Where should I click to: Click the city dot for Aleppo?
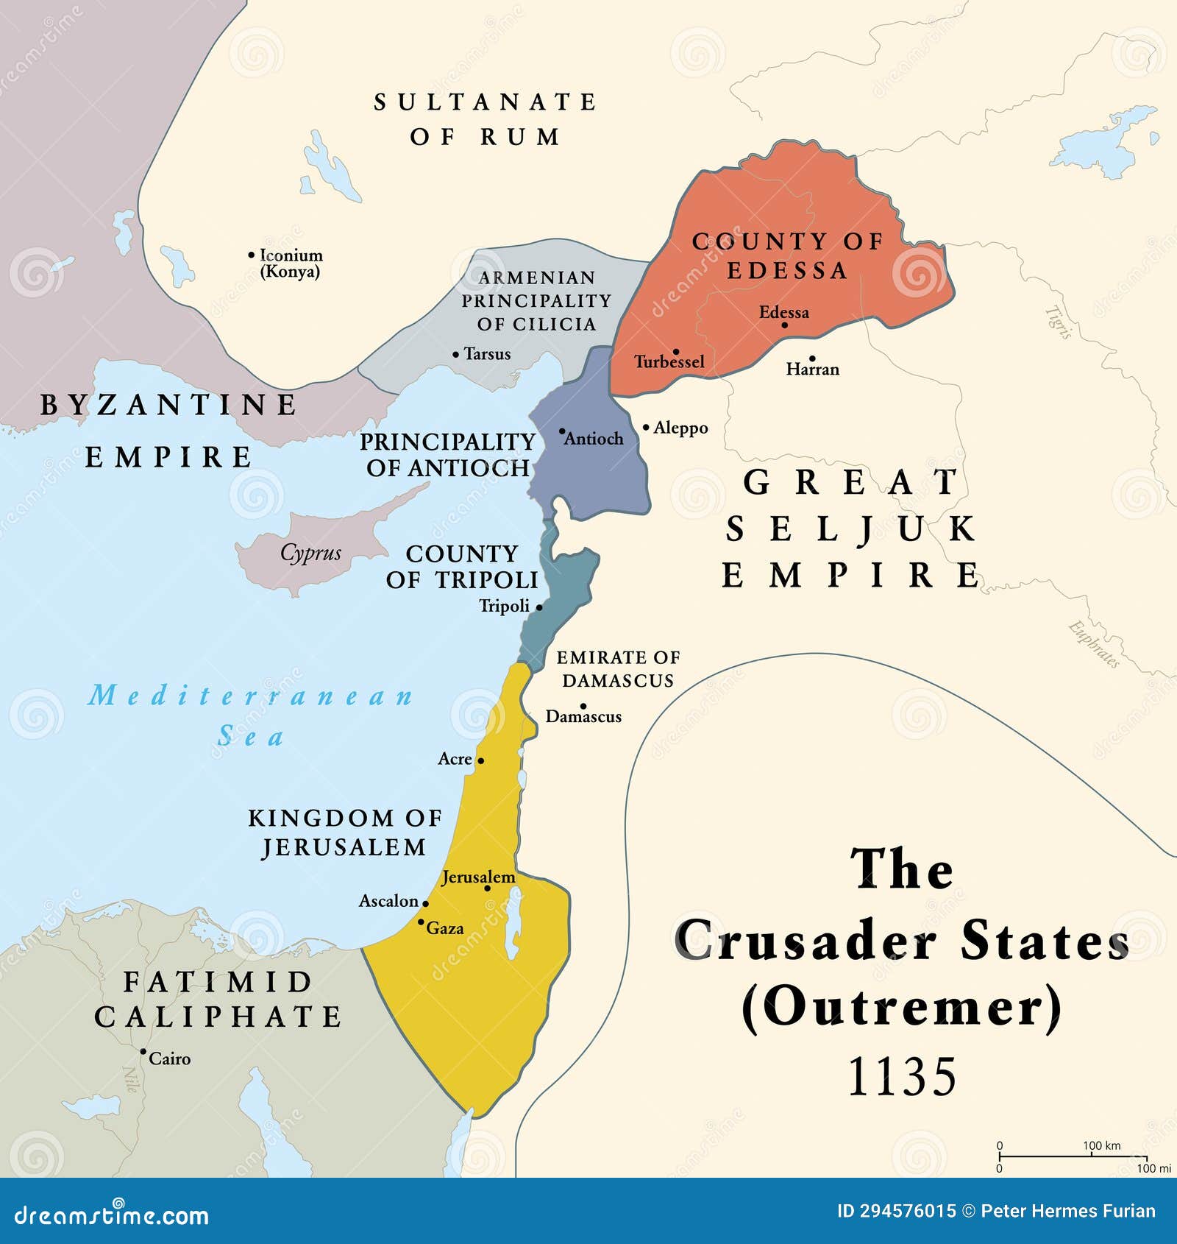tap(646, 427)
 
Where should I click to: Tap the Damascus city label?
tap(583, 717)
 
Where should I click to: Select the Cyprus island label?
tap(310, 553)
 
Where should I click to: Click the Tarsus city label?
tap(487, 354)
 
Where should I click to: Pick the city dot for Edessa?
tap(784, 325)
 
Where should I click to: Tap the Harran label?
tap(812, 370)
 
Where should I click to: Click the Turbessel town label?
tap(669, 362)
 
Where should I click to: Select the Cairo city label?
tap(170, 1059)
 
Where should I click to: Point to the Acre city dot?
tap(480, 760)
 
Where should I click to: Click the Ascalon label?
tap(388, 901)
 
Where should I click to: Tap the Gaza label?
tap(445, 929)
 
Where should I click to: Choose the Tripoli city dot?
tap(539, 607)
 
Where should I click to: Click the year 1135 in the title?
tap(902, 1077)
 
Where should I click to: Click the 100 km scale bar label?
tap(1101, 1145)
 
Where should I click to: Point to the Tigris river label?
tap(1057, 322)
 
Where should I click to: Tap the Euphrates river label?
tap(1094, 645)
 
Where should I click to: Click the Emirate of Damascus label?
tap(618, 668)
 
